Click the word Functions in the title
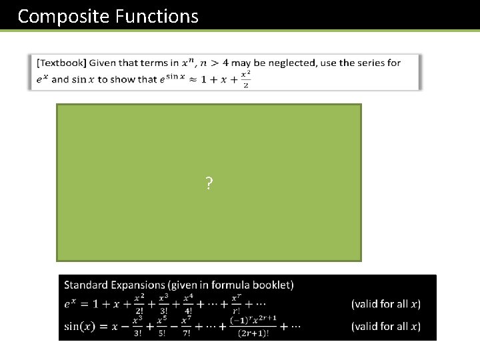click(x=157, y=16)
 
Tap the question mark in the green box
click(x=209, y=184)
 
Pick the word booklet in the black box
click(x=271, y=285)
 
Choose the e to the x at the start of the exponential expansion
click(x=71, y=304)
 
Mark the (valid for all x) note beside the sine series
click(x=385, y=326)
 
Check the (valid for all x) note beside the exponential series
click(x=385, y=304)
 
